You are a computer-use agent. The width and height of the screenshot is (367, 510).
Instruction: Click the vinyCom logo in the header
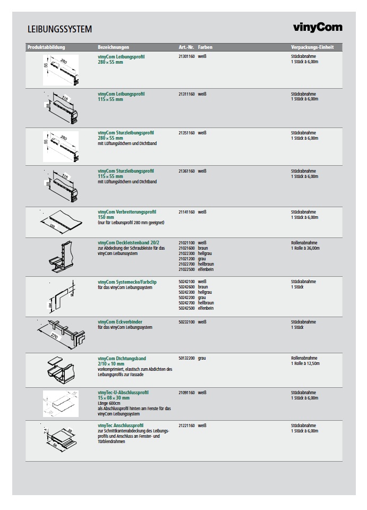[x=318, y=28]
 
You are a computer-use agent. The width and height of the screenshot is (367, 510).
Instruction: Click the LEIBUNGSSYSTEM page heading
[x=59, y=29]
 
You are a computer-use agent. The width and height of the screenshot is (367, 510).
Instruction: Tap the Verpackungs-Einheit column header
[x=312, y=47]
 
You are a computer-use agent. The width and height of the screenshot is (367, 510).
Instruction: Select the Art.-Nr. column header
[x=186, y=47]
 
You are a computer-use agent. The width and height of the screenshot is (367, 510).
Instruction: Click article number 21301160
[x=186, y=56]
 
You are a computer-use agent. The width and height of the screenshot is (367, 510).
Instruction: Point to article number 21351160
[x=186, y=133]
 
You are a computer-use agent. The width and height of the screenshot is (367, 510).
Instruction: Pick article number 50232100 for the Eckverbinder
[x=186, y=322]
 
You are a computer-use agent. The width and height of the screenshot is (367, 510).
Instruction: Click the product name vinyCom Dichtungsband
[x=122, y=359]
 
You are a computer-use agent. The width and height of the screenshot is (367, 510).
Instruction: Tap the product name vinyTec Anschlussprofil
[x=121, y=426]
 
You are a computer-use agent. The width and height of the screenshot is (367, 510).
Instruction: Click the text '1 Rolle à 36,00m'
[x=305, y=248]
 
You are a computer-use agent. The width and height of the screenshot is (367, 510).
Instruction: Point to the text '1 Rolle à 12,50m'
[x=305, y=364]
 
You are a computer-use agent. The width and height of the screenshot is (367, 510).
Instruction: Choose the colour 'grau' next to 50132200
[x=202, y=359]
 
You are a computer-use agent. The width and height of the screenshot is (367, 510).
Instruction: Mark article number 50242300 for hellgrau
[x=186, y=292]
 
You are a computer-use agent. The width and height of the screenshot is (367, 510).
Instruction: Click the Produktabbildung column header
[x=46, y=47]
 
